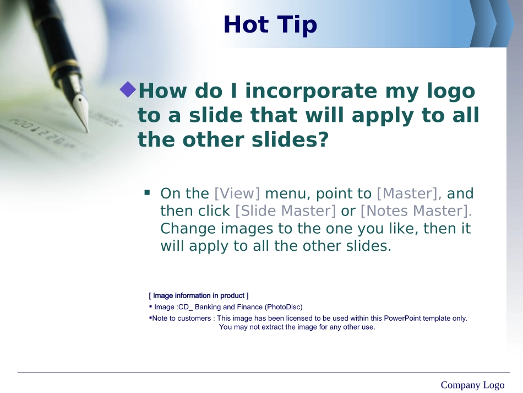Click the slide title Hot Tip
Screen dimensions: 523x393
tap(270, 25)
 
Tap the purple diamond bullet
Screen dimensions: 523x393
tap(128, 89)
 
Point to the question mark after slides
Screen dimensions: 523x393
tap(323, 139)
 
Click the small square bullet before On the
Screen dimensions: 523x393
tap(147, 192)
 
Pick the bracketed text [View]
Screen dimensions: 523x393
tap(237, 193)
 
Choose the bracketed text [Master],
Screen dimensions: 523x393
tap(409, 193)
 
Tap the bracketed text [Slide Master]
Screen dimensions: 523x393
tap(286, 211)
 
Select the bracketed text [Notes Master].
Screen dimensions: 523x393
tap(416, 211)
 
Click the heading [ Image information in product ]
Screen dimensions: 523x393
tap(199, 295)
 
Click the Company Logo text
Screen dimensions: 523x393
tap(472, 385)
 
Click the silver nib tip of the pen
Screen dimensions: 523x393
tap(87, 130)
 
